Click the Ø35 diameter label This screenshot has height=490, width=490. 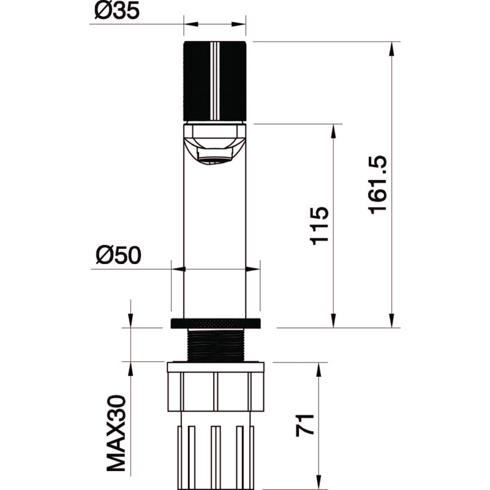(x=117, y=12)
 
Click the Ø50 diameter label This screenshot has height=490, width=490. (x=118, y=255)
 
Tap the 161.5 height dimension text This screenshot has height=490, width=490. (x=378, y=185)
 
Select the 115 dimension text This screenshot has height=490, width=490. (x=319, y=225)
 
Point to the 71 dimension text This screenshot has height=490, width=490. (x=304, y=424)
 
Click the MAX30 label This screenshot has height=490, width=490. (x=116, y=433)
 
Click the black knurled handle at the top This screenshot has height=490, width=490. (x=215, y=81)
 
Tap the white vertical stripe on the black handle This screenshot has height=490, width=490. (x=215, y=81)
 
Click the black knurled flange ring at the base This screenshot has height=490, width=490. (x=216, y=323)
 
